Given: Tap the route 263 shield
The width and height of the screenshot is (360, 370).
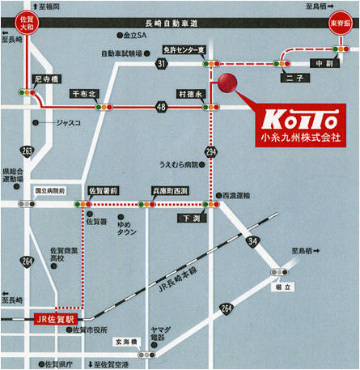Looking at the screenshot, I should (28, 151).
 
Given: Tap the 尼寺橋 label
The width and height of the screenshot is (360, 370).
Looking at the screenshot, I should (47, 79).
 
